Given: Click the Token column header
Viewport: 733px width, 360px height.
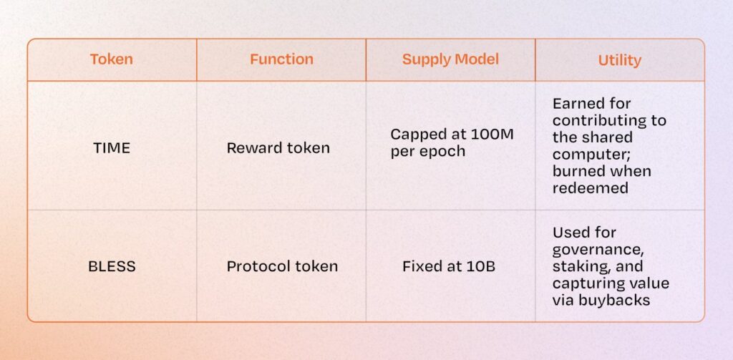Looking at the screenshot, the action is pyautogui.click(x=111, y=59).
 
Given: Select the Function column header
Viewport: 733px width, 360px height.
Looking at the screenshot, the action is pyautogui.click(x=281, y=59).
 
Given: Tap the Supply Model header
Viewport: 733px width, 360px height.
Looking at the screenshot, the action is pyautogui.click(x=450, y=59).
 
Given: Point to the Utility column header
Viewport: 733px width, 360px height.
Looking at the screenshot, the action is pyautogui.click(x=619, y=60).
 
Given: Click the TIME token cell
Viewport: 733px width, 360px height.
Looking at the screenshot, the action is pyautogui.click(x=112, y=147).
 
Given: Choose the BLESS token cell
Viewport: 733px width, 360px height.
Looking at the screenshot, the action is pyautogui.click(x=112, y=266).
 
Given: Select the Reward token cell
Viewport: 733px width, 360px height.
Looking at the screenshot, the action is pyautogui.click(x=278, y=147).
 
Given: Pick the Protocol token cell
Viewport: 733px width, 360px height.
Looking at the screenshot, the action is pyautogui.click(x=282, y=266).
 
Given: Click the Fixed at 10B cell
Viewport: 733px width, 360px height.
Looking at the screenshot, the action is pyautogui.click(x=449, y=266).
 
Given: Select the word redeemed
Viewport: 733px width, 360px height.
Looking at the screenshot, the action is pyautogui.click(x=590, y=188).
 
